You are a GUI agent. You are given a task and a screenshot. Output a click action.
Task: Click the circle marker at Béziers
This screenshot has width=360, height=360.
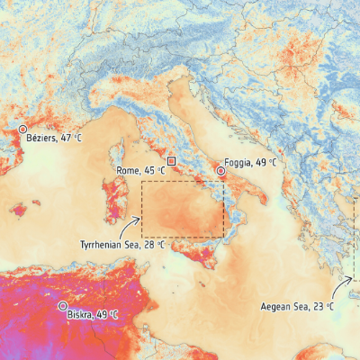(x=23, y=130)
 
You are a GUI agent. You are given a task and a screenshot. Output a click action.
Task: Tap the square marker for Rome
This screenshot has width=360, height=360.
(x=171, y=160)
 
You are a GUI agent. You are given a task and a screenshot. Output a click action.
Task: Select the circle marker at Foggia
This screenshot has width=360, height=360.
(x=220, y=169)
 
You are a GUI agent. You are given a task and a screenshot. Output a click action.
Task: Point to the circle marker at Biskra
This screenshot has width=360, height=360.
(x=63, y=307)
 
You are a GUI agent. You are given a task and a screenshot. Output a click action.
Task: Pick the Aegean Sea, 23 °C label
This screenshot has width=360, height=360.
(x=297, y=307)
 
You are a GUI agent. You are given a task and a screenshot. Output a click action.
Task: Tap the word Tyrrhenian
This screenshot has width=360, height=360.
(x=103, y=244)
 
